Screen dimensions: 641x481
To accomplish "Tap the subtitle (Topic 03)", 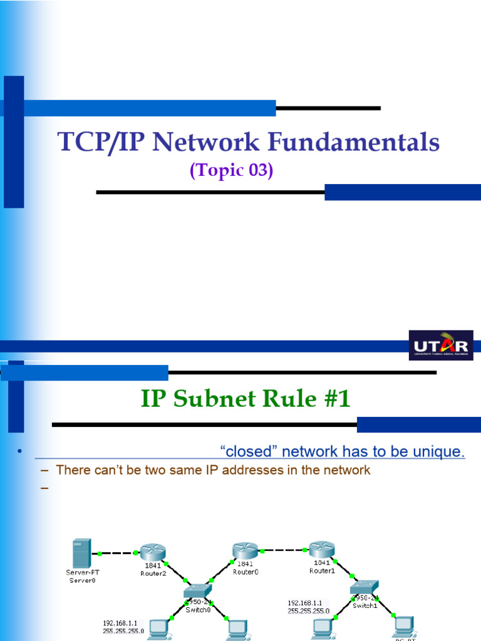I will click(x=231, y=170).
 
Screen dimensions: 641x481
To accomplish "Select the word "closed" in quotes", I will click(x=246, y=451).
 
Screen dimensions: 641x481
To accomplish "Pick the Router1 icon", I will click(x=321, y=550).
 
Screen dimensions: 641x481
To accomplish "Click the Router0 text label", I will click(x=246, y=572).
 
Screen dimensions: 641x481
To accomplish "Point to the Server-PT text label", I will click(x=81, y=572).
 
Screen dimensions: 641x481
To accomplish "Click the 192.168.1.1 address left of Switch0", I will click(x=123, y=623).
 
